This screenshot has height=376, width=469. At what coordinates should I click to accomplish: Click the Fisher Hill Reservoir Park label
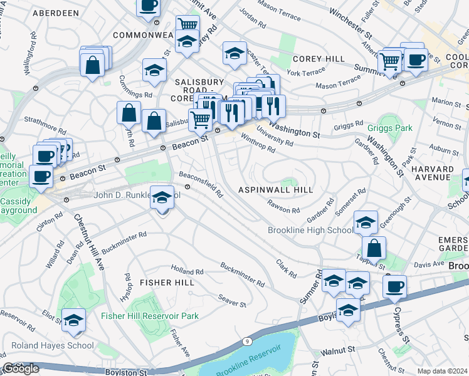point(150,316)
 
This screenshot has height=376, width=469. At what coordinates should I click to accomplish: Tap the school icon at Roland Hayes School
point(74,320)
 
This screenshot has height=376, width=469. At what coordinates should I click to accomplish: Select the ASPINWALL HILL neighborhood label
point(275,189)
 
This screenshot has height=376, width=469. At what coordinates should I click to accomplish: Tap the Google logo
point(21,368)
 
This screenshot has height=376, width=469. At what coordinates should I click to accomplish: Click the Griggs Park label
point(390,128)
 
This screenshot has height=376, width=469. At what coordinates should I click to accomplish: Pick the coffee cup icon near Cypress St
point(394,287)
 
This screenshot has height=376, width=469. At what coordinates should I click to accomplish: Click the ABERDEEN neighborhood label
point(56,13)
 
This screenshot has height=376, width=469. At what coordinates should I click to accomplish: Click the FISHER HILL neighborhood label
point(164,283)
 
